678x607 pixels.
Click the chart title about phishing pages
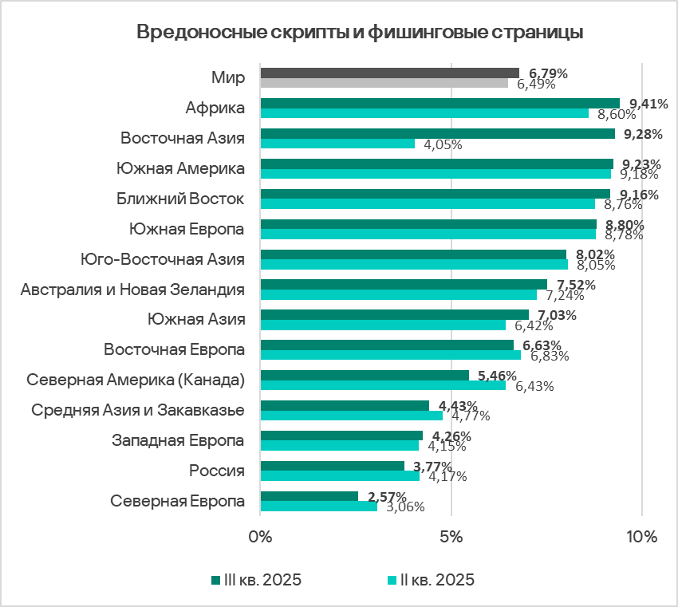pyautogui.click(x=360, y=33)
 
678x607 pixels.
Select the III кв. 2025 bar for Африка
pyautogui.click(x=440, y=103)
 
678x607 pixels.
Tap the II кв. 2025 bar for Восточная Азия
pyautogui.click(x=337, y=144)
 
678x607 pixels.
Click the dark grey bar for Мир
pyautogui.click(x=389, y=73)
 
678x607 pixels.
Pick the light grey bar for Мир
pyautogui.click(x=384, y=82)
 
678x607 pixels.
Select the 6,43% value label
pyautogui.click(x=534, y=386)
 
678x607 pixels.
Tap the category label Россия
pyautogui.click(x=216, y=470)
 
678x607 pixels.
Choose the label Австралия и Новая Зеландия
pyautogui.click(x=132, y=289)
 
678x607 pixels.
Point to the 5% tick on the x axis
pyautogui.click(x=451, y=537)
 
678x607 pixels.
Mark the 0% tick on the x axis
pyautogui.click(x=261, y=537)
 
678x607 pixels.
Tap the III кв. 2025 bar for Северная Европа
pyautogui.click(x=309, y=496)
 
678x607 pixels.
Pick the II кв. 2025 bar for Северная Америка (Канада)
pyautogui.click(x=383, y=385)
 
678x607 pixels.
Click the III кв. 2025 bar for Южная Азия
pyautogui.click(x=394, y=314)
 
